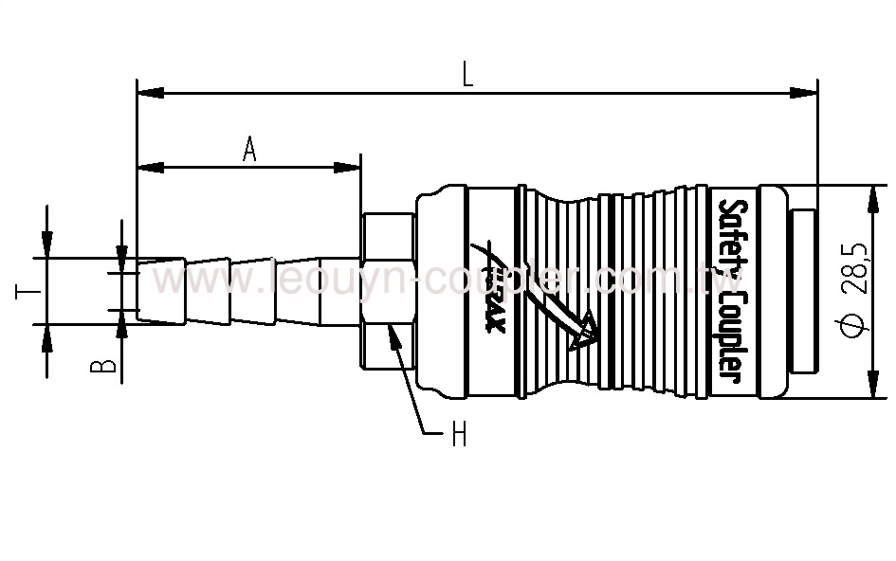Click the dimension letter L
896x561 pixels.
(467, 75)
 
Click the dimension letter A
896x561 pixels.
(249, 149)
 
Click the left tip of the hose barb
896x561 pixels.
(139, 289)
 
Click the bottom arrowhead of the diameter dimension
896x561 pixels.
(871, 389)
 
